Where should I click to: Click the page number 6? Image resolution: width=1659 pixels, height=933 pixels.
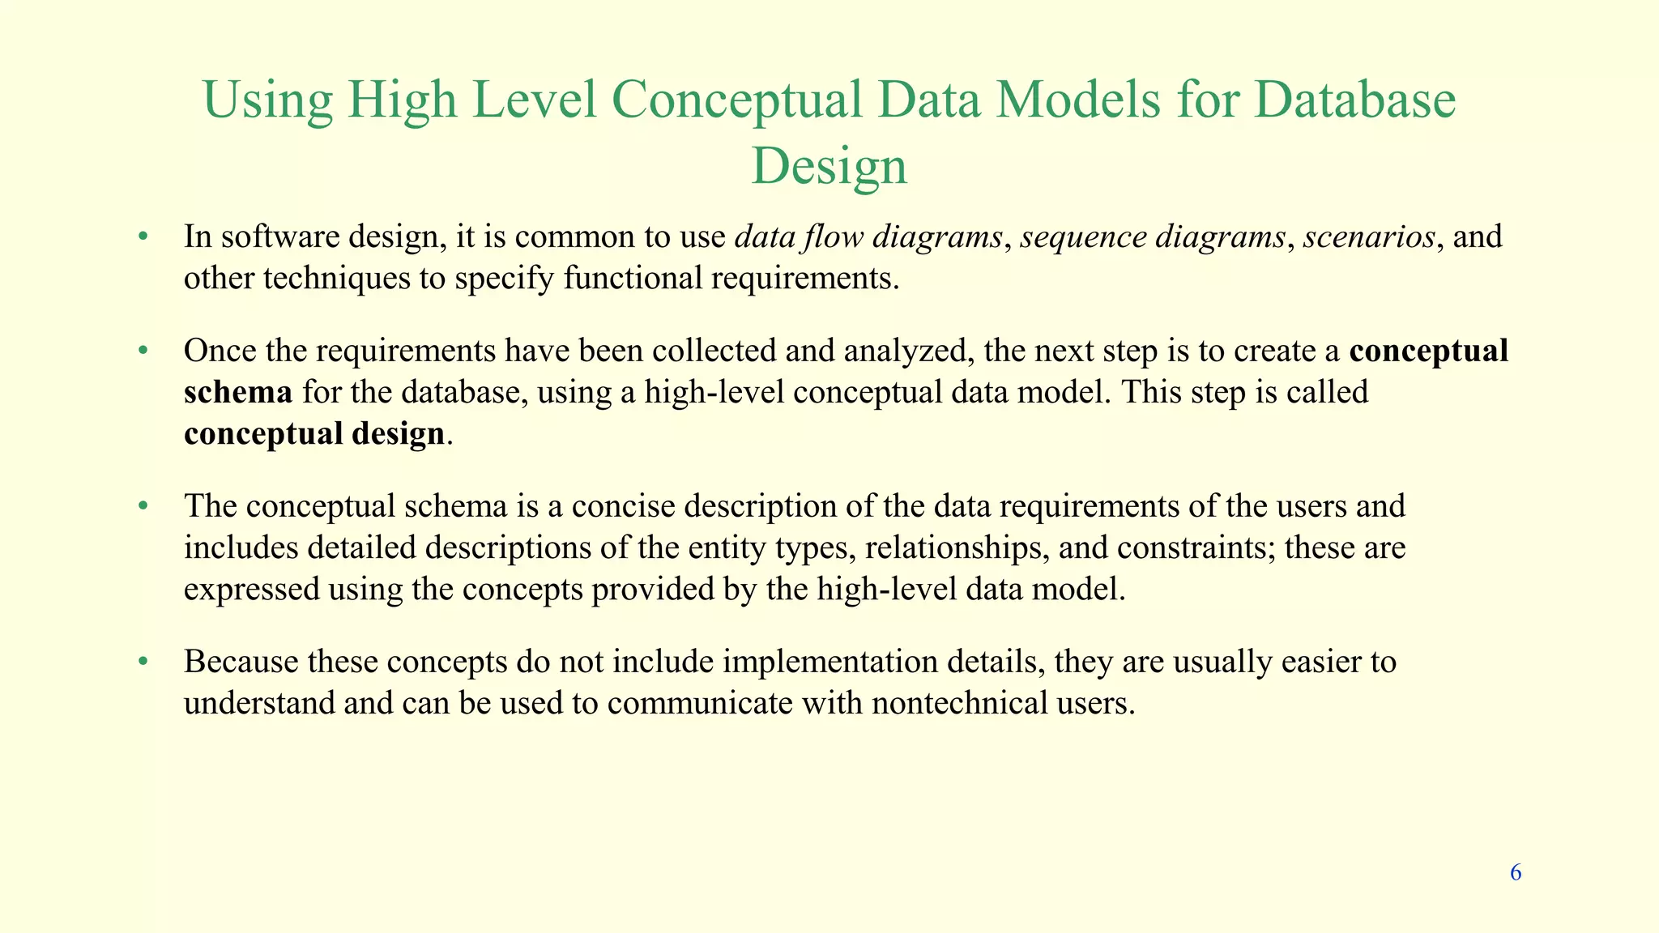pos(1516,872)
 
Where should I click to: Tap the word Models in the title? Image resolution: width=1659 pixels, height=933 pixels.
pos(1077,100)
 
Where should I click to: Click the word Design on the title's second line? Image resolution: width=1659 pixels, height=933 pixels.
pos(829,167)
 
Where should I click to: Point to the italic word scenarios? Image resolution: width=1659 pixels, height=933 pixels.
pos(1369,237)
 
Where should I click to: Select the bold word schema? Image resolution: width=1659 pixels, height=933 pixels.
pos(238,393)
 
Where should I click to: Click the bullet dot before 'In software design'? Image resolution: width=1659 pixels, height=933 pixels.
pos(143,237)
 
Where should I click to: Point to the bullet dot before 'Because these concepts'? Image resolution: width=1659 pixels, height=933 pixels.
pos(143,662)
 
